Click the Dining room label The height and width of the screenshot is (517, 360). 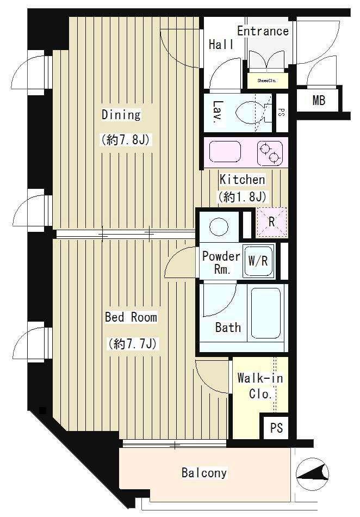121,115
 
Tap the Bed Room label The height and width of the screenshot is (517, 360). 131,317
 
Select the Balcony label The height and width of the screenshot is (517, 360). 204,473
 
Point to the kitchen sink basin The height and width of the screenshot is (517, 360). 225,152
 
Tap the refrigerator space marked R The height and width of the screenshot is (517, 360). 271,222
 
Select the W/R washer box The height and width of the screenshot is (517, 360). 258,261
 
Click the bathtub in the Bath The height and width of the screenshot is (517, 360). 266,313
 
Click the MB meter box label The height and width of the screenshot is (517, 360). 319,100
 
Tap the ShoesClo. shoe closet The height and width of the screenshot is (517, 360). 267,81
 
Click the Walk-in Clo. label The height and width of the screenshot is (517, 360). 260,386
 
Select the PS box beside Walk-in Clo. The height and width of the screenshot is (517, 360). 276,428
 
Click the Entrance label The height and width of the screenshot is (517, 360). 263,31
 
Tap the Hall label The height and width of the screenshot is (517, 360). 221,44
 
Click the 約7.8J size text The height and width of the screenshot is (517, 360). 126,140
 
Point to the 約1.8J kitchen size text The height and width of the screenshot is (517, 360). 242,196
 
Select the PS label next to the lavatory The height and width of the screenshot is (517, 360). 282,113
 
